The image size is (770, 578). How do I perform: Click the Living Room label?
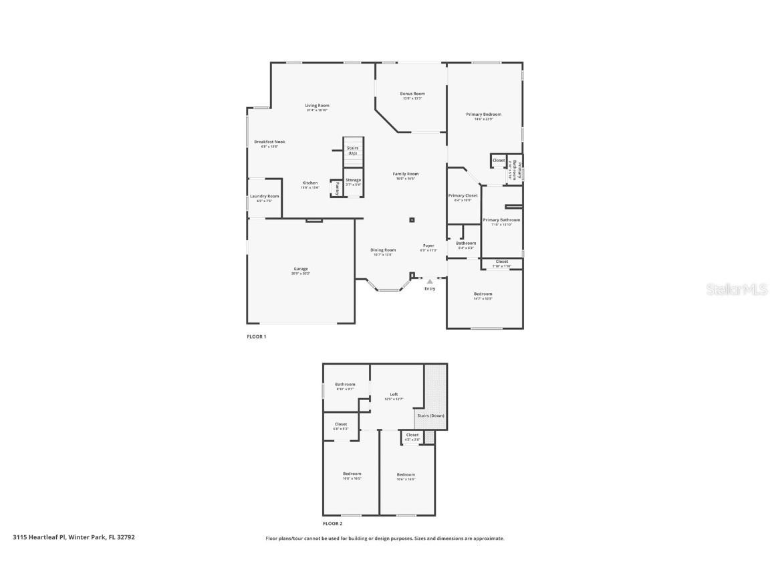tap(317, 106)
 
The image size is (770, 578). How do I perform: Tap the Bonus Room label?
tap(412, 94)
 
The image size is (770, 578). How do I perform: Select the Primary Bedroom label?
tap(483, 114)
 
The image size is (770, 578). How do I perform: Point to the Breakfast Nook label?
tap(269, 142)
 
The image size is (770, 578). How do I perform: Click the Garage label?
tap(301, 269)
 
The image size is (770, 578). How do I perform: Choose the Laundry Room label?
tap(265, 196)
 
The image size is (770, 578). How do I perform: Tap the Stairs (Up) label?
tap(352, 151)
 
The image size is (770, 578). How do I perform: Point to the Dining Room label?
tap(383, 250)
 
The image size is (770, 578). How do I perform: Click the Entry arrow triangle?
tap(430, 282)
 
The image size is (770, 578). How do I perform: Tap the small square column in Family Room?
tap(412, 219)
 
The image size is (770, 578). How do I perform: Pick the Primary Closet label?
tap(463, 195)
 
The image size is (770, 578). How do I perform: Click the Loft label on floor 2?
tap(394, 394)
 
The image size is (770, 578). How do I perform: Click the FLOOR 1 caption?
tap(257, 336)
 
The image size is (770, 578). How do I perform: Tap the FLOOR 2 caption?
tap(332, 524)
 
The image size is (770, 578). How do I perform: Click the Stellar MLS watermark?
tap(738, 289)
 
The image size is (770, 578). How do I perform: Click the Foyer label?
tap(428, 246)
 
